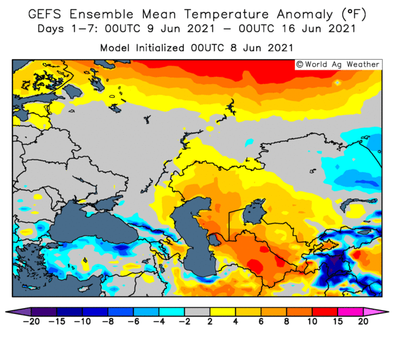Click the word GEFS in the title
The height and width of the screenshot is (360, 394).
[45, 14]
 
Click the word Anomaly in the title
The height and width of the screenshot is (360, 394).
[305, 14]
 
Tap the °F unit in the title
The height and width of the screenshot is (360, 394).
[354, 14]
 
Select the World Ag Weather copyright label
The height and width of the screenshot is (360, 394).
[338, 64]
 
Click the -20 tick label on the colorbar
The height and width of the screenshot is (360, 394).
[31, 321]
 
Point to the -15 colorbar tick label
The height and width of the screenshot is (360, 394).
[56, 321]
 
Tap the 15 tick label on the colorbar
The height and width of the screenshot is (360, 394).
[338, 321]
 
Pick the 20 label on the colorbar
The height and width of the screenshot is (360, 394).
[363, 321]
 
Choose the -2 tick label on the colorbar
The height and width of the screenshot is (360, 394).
[185, 321]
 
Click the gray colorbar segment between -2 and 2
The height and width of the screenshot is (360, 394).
[197, 312]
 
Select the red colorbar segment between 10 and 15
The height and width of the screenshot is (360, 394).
[325, 312]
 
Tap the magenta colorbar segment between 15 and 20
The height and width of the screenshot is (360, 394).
[350, 312]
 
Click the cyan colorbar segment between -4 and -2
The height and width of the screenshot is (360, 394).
[171, 312]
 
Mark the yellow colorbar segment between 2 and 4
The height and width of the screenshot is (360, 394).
[223, 312]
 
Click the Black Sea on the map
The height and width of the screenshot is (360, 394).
[95, 226]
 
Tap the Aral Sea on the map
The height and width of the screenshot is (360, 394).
[253, 212]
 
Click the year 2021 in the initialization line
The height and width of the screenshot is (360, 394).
[280, 48]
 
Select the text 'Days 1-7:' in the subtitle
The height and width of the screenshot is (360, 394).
[68, 29]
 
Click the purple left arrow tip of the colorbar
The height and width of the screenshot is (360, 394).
[6, 312]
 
